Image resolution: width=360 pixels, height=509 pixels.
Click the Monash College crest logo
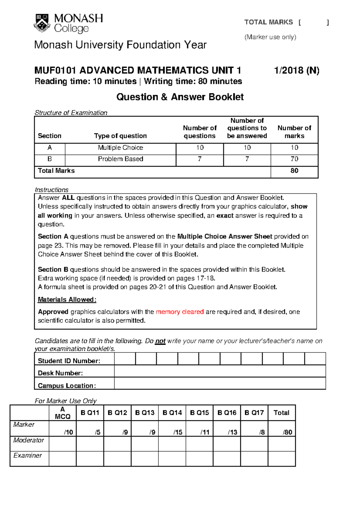coord(42,23)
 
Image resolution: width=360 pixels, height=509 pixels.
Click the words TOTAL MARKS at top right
coord(268,22)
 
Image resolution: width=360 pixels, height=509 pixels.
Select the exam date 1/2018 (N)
coord(296,70)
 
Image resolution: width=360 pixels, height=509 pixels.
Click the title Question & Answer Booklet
coord(180,97)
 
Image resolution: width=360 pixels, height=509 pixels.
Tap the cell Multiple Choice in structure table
coord(120,148)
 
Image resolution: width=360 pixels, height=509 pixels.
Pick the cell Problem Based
coord(120,159)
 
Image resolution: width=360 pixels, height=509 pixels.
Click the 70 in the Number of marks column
coord(294,159)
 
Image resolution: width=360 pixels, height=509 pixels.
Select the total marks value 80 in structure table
coord(294,171)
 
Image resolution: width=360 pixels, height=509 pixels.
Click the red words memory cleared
coord(180,312)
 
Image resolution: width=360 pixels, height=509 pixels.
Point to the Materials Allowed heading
coord(67,299)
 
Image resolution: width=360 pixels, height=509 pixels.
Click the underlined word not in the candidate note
coord(160,341)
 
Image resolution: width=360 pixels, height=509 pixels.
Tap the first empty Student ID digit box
coord(125,359)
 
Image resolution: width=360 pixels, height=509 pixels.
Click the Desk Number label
coord(60,373)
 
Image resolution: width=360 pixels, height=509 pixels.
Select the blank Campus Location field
coord(220,383)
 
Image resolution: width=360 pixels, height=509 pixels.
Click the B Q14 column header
coord(172,413)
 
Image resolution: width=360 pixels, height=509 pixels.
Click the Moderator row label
coord(28,440)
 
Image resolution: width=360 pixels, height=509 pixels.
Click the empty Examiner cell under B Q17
coord(254,459)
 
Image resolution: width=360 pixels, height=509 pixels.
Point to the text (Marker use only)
coord(270,37)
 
